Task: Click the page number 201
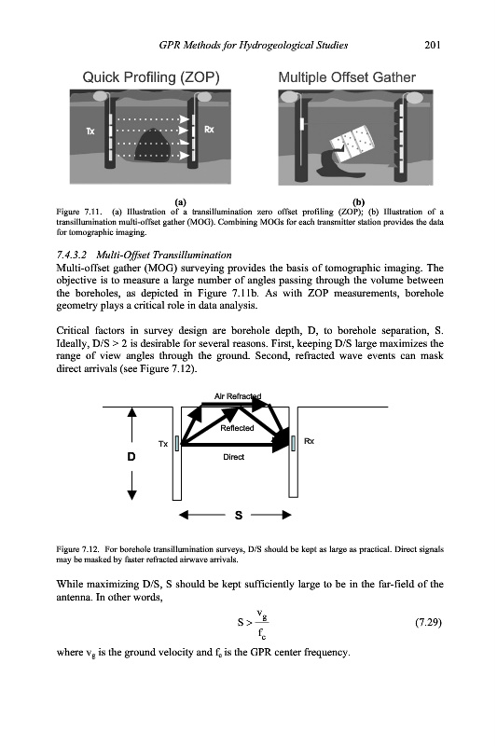[432, 45]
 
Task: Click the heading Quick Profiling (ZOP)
[151, 77]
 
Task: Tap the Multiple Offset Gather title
[347, 77]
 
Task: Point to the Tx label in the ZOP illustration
[90, 131]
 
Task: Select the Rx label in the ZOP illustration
[209, 129]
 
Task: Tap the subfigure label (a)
[180, 201]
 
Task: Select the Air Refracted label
[238, 395]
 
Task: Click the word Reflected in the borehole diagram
[237, 428]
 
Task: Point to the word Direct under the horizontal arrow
[233, 457]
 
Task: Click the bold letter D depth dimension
[131, 457]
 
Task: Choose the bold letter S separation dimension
[239, 516]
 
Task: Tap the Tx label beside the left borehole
[163, 444]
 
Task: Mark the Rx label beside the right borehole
[310, 441]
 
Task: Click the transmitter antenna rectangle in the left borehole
[177, 444]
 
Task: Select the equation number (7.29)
[429, 622]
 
